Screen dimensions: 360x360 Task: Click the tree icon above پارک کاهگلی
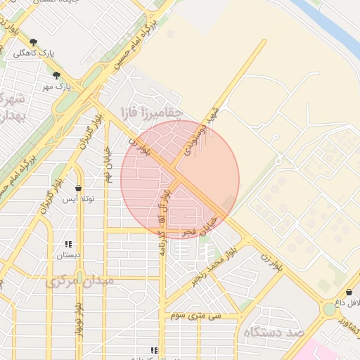tap(33, 42)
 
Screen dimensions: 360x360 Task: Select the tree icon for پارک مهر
tap(56, 75)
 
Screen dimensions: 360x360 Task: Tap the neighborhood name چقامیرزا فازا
tap(152, 111)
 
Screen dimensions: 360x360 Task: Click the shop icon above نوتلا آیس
tap(77, 188)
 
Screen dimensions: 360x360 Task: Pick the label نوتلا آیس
tap(79, 200)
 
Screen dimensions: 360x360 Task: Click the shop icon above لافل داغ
tap(349, 292)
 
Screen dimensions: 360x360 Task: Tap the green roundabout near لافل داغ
tap(329, 309)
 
